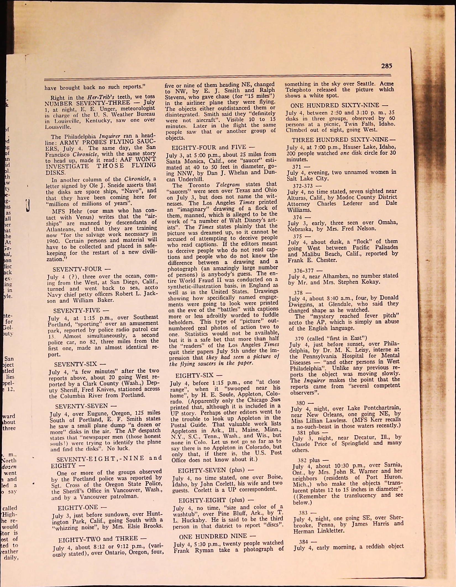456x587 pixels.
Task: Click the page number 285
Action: [x=386, y=66]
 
